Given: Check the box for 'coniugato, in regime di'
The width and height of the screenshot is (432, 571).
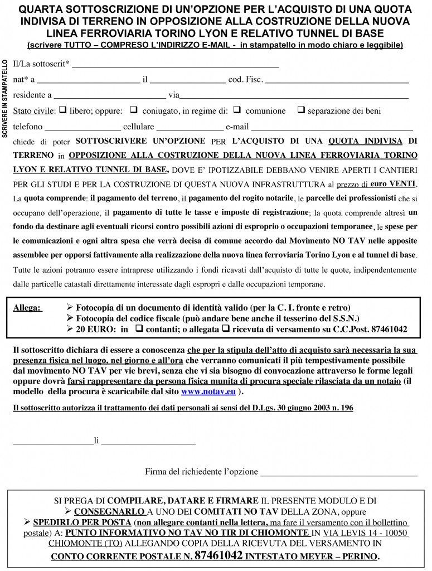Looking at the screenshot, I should pos(134,110).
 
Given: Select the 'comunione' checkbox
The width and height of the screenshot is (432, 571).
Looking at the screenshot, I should pos(236,110).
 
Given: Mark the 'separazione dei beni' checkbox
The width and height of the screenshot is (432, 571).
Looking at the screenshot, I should pos(301,110).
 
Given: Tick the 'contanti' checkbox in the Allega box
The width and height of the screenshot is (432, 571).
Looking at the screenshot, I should pos(138,329).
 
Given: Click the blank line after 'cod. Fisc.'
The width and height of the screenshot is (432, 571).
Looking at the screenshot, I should pos(337,81).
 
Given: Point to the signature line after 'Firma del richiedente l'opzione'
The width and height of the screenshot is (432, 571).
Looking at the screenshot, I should pos(339,474).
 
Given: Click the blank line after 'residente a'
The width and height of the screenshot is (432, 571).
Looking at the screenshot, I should pos(110,96).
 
